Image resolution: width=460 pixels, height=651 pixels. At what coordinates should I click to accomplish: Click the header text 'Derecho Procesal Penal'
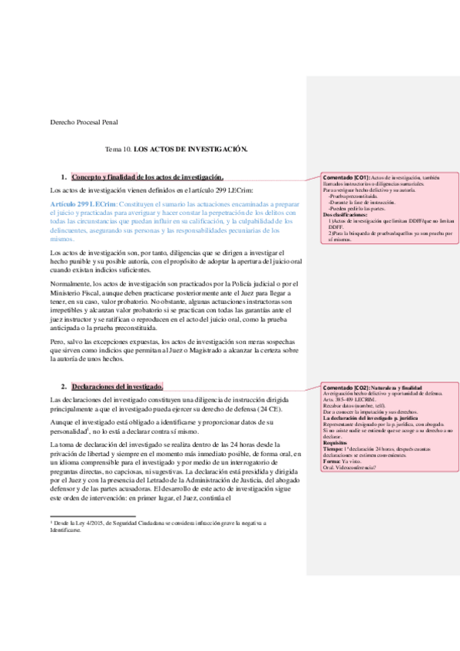coord(84,122)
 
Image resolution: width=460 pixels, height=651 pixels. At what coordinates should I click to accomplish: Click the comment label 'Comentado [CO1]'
coord(346,177)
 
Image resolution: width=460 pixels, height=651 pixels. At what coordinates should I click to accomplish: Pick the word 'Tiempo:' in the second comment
coord(334,450)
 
